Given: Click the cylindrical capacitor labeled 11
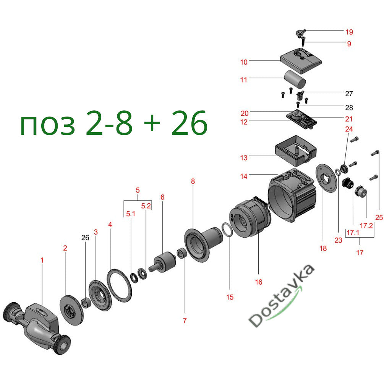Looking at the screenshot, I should [x=295, y=80].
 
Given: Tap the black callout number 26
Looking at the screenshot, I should [x=85, y=238].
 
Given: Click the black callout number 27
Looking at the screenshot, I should [x=349, y=94].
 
